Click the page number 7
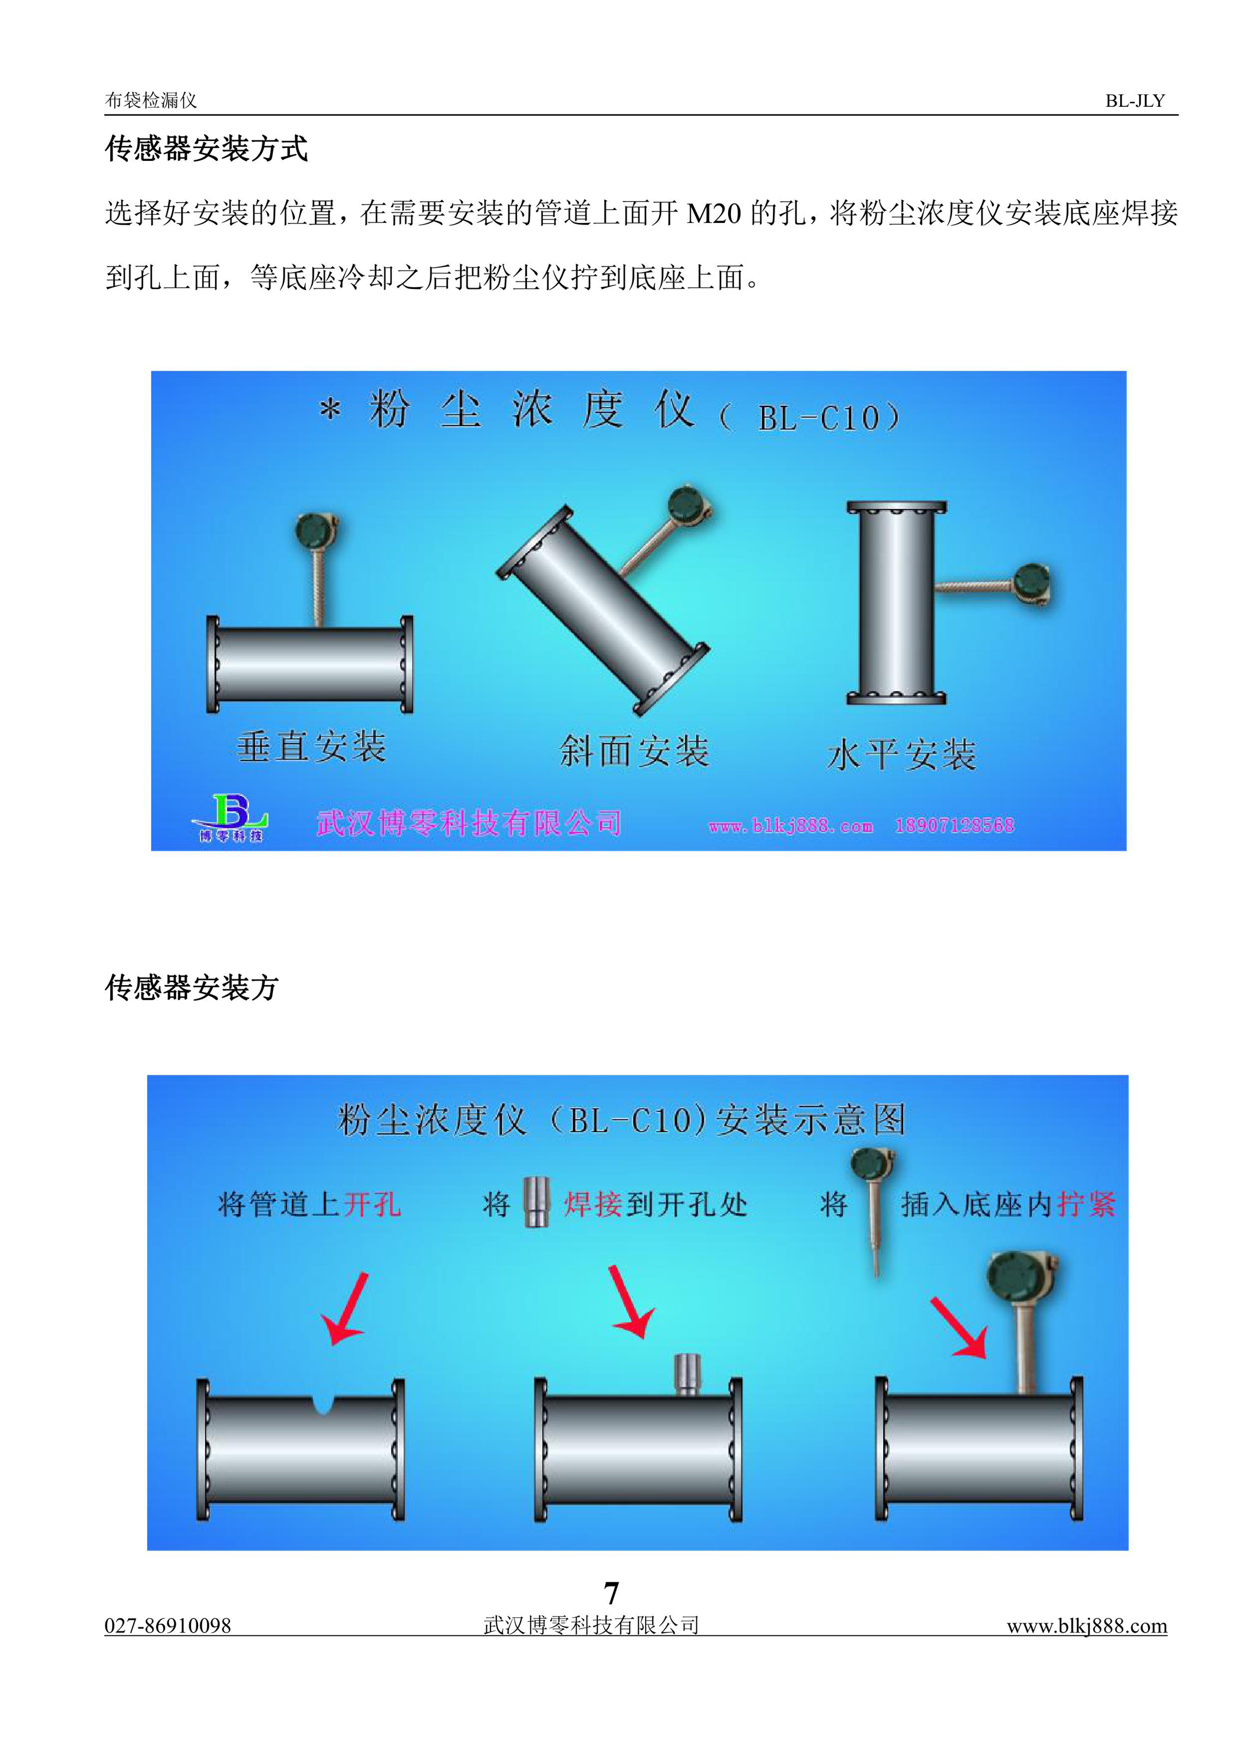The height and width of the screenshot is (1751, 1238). tap(611, 1593)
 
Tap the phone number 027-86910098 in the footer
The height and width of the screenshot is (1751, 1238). tap(168, 1625)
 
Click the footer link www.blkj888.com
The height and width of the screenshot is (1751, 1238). tap(1087, 1625)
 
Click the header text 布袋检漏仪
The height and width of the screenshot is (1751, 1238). tap(151, 101)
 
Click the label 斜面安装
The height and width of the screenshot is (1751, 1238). tap(635, 751)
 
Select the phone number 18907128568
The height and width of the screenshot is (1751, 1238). tap(955, 825)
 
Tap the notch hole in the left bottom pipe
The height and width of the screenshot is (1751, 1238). tap(324, 1403)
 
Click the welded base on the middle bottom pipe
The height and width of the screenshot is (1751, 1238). tap(687, 1374)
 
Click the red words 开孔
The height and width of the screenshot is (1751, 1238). tap(372, 1204)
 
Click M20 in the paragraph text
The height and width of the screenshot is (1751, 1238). tap(714, 213)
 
